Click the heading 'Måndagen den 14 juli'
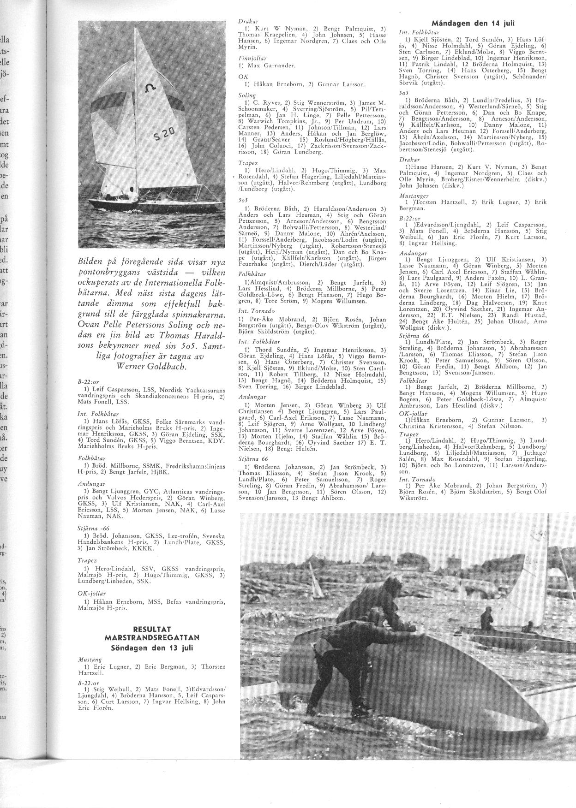(473, 23)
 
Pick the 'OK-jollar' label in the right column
(412, 414)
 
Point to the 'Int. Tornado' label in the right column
(414, 479)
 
